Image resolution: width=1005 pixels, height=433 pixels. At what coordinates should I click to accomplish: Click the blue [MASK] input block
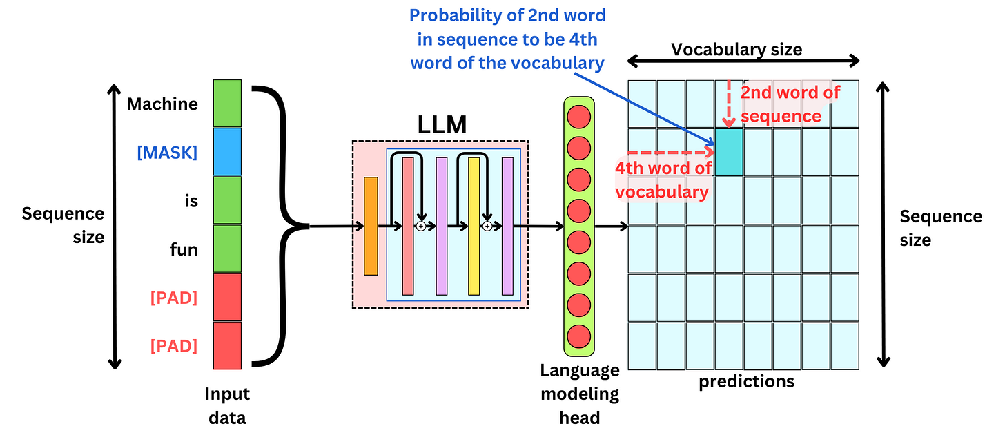click(x=227, y=152)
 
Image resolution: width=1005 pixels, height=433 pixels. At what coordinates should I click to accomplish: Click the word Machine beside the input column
click(x=162, y=104)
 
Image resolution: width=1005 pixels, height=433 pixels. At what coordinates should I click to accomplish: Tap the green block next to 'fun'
click(x=227, y=249)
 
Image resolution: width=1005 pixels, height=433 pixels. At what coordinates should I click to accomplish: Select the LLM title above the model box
click(x=442, y=125)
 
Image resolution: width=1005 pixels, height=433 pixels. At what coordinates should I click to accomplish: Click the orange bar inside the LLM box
click(x=371, y=226)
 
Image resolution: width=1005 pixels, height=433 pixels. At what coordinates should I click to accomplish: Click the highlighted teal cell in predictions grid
click(x=729, y=152)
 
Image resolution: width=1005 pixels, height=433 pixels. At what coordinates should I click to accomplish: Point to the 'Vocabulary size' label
click(x=736, y=49)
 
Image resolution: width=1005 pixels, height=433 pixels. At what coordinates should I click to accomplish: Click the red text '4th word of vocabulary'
click(x=663, y=180)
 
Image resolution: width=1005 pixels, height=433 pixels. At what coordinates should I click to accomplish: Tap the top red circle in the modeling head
click(x=578, y=116)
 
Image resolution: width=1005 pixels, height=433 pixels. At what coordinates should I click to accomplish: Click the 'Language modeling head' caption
click(x=579, y=394)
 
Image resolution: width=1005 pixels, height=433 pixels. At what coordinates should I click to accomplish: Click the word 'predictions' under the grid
click(x=746, y=381)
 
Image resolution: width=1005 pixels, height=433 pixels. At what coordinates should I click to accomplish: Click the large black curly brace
click(x=280, y=225)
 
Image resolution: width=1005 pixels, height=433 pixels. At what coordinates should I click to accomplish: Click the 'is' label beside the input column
click(x=191, y=201)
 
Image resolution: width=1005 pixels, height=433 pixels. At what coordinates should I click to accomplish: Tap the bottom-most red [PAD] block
click(x=227, y=345)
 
